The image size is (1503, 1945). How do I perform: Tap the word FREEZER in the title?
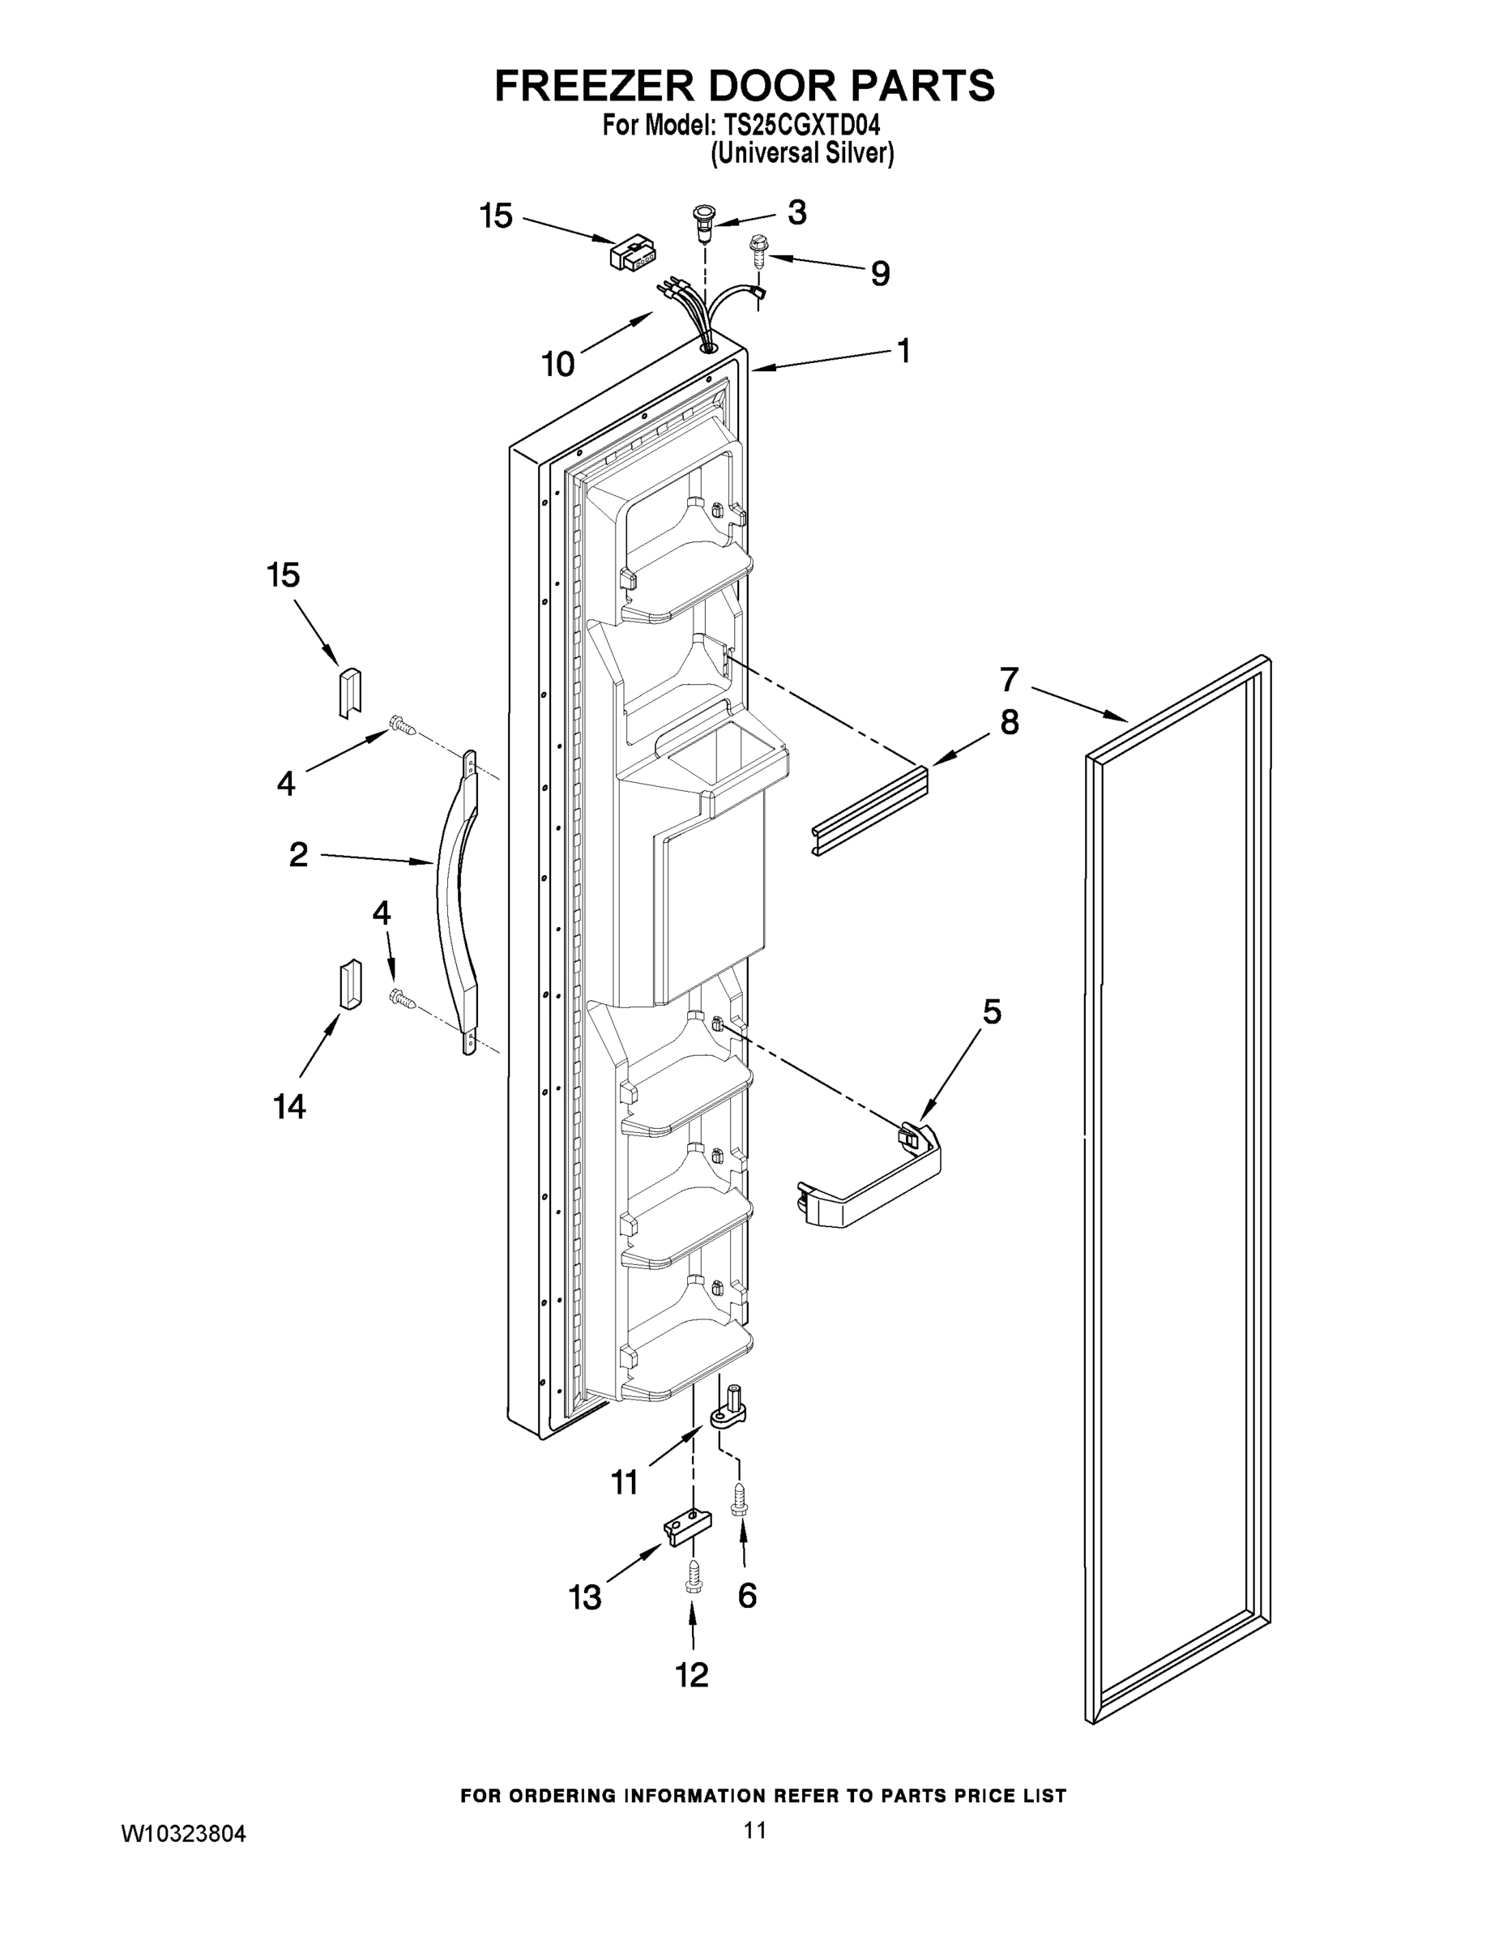point(595,87)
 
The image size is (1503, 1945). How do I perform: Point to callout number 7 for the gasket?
point(1008,679)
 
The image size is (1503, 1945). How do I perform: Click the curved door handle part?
point(457,900)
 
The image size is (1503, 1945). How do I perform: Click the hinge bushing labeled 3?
point(704,222)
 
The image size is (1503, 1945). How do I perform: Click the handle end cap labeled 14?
point(350,985)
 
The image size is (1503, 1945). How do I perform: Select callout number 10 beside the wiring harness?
point(558,363)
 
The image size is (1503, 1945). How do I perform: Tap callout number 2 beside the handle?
point(298,854)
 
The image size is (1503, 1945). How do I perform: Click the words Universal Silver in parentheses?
point(801,153)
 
